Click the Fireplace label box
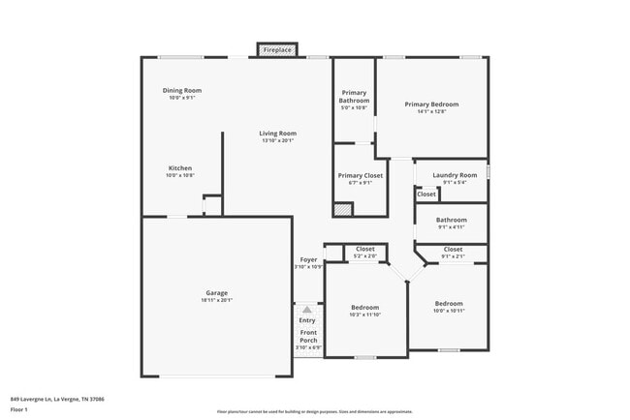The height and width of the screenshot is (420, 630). coord(277,48)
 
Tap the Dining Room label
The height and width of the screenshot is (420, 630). coord(181,90)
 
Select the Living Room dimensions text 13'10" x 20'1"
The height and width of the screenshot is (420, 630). coord(277,141)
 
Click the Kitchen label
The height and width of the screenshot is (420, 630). coord(180,167)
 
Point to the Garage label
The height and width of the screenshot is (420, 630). coord(216,292)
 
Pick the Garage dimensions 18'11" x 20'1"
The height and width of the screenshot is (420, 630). coord(216,300)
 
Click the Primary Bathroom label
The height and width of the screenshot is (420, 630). coord(354,97)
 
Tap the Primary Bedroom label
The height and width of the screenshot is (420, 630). coord(431,104)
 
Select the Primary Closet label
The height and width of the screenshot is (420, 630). coord(360,175)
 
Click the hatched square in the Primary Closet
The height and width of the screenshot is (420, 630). coord(342,208)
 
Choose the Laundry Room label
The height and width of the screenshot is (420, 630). coord(455,175)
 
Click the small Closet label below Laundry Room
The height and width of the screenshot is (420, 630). coord(426,194)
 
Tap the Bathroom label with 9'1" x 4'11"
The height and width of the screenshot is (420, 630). coord(452,220)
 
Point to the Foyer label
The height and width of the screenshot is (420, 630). coord(308,259)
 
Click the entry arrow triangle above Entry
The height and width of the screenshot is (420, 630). coord(307,310)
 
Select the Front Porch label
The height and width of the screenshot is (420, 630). coord(307,337)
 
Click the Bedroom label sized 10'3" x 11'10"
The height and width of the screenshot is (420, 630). coord(365,307)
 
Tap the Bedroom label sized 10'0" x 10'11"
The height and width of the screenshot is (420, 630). coord(449,303)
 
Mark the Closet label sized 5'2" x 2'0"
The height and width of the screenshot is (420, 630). coord(365,249)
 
